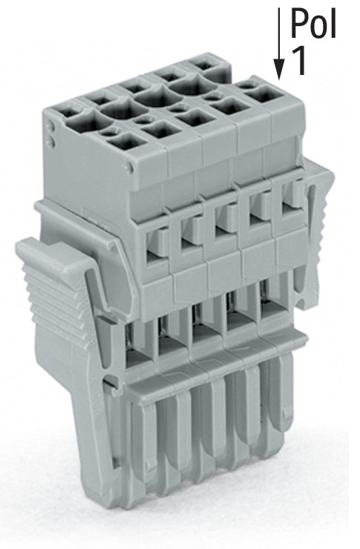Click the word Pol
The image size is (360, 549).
point(313,24)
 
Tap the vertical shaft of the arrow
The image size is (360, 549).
point(279,33)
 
